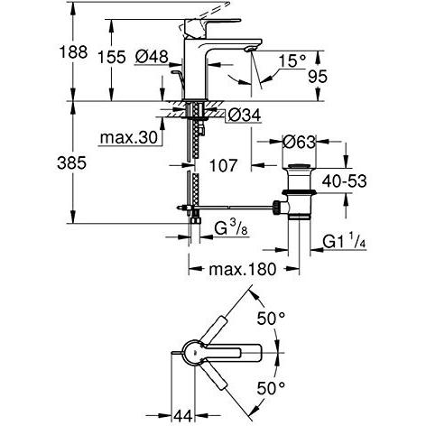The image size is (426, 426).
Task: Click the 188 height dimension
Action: point(73,52)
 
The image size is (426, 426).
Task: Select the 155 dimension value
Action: point(112,57)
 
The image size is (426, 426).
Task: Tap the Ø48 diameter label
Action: point(152,56)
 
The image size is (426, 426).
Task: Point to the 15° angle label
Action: point(292,60)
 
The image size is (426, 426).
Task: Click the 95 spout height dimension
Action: point(318,77)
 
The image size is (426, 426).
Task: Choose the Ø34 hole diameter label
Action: point(244,115)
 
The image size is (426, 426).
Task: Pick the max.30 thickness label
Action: point(129,138)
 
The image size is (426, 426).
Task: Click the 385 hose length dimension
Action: point(71,163)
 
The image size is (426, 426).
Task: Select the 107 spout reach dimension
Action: point(223,165)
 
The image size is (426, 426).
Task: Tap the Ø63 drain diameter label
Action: point(299,142)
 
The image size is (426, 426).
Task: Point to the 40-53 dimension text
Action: point(345,181)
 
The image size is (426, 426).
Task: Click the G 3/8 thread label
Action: point(231,228)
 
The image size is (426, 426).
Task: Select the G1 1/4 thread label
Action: point(344,241)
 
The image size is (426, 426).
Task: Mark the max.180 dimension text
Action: point(242,269)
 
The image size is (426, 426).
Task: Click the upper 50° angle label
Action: point(271,319)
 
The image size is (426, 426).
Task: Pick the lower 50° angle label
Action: point(271,388)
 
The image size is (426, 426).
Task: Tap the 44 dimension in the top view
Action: point(183,416)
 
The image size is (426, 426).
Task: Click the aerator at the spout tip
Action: point(251,49)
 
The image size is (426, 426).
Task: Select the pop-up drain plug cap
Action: point(298,165)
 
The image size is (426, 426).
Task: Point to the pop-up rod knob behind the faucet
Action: point(175,72)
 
